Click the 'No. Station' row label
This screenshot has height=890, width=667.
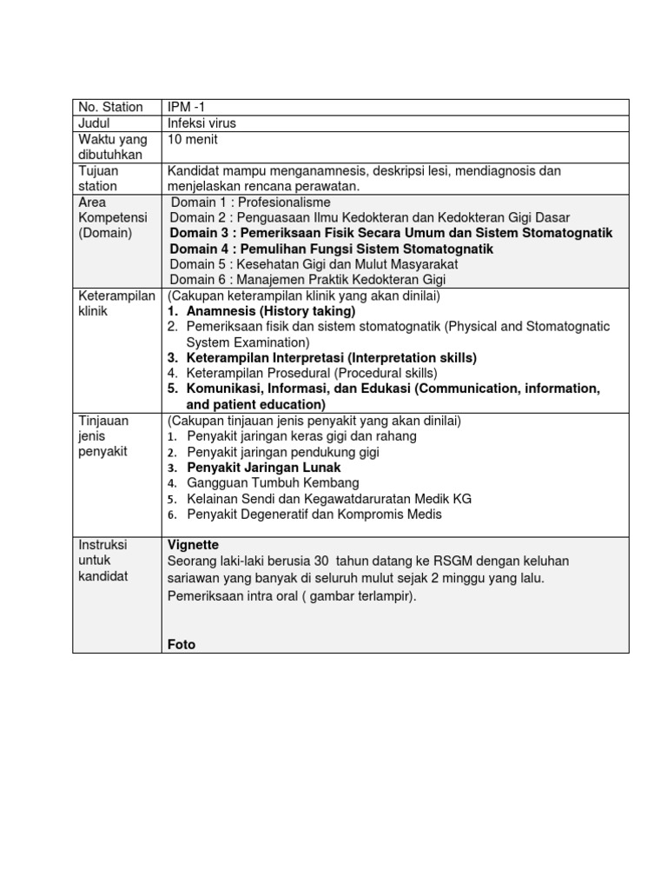point(110,107)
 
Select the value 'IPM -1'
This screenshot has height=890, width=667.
point(187,107)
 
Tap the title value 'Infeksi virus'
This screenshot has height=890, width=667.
point(201,123)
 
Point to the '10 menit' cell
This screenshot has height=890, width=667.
point(193,139)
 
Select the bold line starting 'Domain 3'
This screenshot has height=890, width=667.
point(391,233)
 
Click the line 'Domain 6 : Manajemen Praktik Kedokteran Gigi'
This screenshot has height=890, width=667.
point(311,279)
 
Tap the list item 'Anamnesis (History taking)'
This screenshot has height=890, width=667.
point(270,311)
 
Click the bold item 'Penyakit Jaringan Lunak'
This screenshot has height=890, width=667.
point(264,468)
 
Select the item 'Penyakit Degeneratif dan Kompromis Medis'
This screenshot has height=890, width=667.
point(314,515)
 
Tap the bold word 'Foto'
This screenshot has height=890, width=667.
point(182,644)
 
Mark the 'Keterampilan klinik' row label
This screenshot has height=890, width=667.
point(115,303)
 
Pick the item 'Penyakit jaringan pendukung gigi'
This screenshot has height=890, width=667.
point(283,452)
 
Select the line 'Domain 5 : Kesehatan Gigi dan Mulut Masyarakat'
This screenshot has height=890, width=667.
point(314,263)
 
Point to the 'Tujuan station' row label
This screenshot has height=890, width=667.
point(98,178)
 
